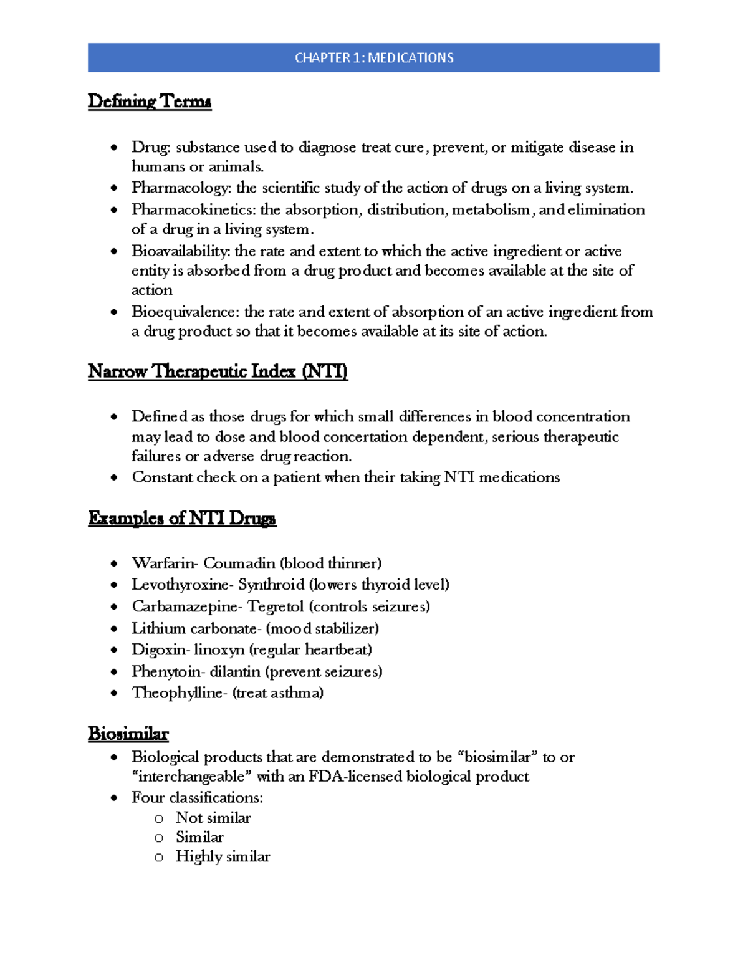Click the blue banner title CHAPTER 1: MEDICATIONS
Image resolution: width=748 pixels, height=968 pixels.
tap(374, 58)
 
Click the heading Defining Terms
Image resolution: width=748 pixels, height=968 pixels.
tap(150, 101)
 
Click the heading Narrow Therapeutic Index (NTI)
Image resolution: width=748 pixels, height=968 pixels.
tap(218, 371)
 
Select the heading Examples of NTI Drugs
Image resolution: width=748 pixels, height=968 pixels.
tap(182, 518)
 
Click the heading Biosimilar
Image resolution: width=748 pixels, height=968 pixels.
tap(128, 734)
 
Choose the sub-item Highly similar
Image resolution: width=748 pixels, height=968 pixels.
tap(223, 856)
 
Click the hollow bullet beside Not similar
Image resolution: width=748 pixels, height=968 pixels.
tap(159, 818)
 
